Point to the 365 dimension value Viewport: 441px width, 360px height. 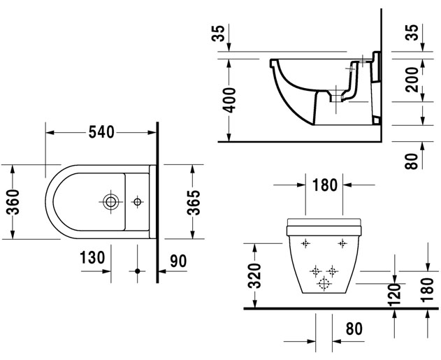(x=194, y=202)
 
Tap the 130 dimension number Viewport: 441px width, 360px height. (x=92, y=258)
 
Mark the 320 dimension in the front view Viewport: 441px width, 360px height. (x=255, y=275)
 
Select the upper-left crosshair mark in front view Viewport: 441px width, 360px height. (x=305, y=243)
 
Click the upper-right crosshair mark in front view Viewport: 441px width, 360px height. (x=342, y=243)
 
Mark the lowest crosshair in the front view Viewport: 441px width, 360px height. (x=324, y=282)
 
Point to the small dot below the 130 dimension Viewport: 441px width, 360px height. (x=138, y=270)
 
